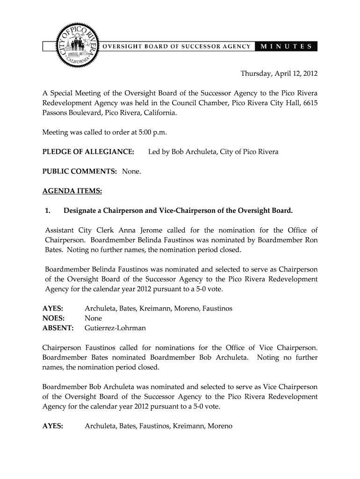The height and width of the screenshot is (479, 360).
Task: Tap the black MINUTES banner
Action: click(287, 46)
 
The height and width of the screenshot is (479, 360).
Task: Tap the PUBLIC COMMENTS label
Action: click(79, 172)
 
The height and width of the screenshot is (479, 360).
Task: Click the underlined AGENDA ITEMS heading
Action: click(72, 191)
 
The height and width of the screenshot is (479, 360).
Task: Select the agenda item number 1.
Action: click(48, 210)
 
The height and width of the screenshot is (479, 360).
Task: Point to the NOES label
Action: click(53, 318)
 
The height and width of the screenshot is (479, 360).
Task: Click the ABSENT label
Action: click(58, 328)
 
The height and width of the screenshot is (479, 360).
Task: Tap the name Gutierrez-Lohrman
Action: click(115, 328)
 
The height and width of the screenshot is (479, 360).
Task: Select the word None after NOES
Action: click(93, 318)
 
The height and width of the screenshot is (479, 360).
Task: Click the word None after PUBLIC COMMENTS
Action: click(131, 172)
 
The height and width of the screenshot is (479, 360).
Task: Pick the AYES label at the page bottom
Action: click(53, 426)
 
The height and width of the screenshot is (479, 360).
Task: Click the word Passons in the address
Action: click(56, 113)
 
